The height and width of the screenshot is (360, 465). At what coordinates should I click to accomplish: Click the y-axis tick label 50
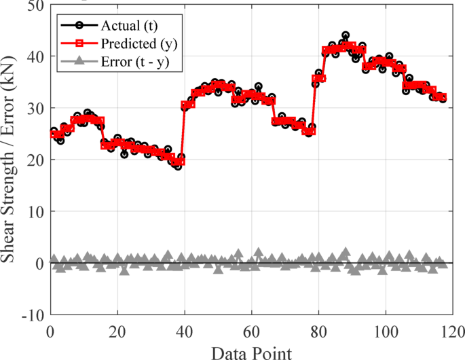point(33,6)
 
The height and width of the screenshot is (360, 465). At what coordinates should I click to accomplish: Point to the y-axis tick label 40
point(33,56)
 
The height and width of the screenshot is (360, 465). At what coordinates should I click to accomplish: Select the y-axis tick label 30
point(33,108)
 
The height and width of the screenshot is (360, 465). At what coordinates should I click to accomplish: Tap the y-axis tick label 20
point(33,160)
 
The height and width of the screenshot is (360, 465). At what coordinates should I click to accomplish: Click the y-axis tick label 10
point(33,211)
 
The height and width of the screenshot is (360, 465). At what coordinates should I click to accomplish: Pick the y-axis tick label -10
point(31,315)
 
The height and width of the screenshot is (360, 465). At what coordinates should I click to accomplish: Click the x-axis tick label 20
point(117,333)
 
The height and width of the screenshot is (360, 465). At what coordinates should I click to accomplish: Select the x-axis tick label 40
point(185,333)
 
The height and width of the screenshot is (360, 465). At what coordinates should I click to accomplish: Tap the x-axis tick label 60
point(252,333)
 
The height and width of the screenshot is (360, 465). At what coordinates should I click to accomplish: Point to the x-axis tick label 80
point(318,333)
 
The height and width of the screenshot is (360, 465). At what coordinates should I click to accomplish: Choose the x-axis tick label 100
point(386,333)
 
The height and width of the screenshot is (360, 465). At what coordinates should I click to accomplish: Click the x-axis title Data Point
point(251,352)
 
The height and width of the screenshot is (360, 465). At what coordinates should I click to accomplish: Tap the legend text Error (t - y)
point(133,60)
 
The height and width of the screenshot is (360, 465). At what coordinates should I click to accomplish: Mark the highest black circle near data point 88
point(346,35)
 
